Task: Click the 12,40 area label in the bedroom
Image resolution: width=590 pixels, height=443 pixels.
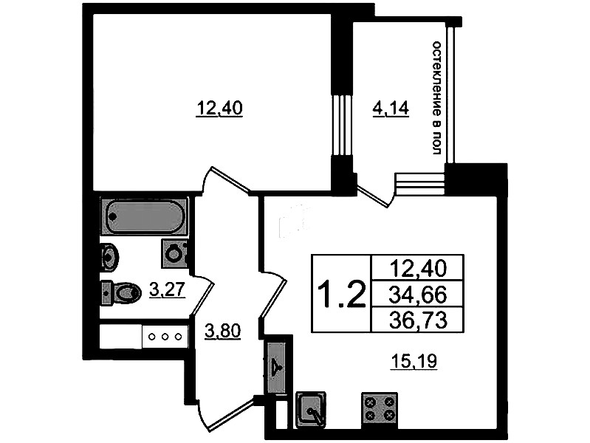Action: (219, 109)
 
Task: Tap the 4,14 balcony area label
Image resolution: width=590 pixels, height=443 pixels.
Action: (391, 109)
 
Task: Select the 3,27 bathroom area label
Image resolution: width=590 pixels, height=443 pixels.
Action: (168, 289)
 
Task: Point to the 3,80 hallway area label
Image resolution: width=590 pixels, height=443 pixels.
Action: (222, 332)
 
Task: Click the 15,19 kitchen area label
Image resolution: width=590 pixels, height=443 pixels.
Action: (414, 361)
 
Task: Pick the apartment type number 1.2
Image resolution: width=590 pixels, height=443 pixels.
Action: (341, 295)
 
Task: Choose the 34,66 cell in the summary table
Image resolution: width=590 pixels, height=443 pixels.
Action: (418, 295)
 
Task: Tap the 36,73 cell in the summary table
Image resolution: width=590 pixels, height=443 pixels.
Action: (418, 320)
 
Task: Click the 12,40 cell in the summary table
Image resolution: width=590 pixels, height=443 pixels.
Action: (418, 269)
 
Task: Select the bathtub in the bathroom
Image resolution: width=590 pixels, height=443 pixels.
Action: (144, 216)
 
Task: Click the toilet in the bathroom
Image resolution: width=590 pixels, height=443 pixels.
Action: (121, 292)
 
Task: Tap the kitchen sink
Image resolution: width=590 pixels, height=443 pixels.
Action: (311, 409)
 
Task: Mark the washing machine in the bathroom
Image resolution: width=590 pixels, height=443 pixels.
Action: (175, 253)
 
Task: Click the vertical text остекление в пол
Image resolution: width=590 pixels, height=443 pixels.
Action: (436, 98)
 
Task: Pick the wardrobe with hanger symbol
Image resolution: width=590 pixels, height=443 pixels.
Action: (278, 367)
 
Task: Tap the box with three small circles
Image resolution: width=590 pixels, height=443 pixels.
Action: (165, 337)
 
